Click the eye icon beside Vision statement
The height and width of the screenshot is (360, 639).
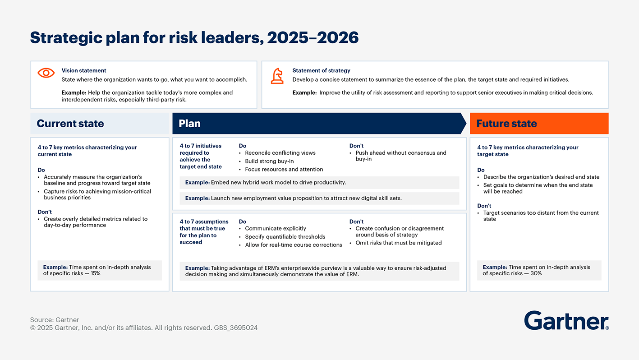coord(46,73)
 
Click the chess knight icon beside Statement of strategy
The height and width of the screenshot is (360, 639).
coord(277,76)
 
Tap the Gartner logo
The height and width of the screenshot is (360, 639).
coord(566,321)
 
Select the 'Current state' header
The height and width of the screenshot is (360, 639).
coord(70,124)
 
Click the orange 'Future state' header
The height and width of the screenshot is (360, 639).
coord(506,124)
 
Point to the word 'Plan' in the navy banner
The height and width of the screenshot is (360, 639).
coord(189,124)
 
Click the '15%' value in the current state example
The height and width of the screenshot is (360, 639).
coord(95,273)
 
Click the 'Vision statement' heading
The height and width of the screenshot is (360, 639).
coord(84,70)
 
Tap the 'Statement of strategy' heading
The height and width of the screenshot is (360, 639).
coord(321,70)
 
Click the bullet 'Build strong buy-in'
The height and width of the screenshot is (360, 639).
coord(269,161)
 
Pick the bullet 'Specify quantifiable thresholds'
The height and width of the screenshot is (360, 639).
coord(285,236)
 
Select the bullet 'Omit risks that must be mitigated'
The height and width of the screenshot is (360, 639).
coord(398,243)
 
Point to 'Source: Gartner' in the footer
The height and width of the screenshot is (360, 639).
coord(55,320)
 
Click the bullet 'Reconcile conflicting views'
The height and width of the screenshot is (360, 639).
coord(280,153)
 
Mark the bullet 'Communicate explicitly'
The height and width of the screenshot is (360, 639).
coord(275,228)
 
